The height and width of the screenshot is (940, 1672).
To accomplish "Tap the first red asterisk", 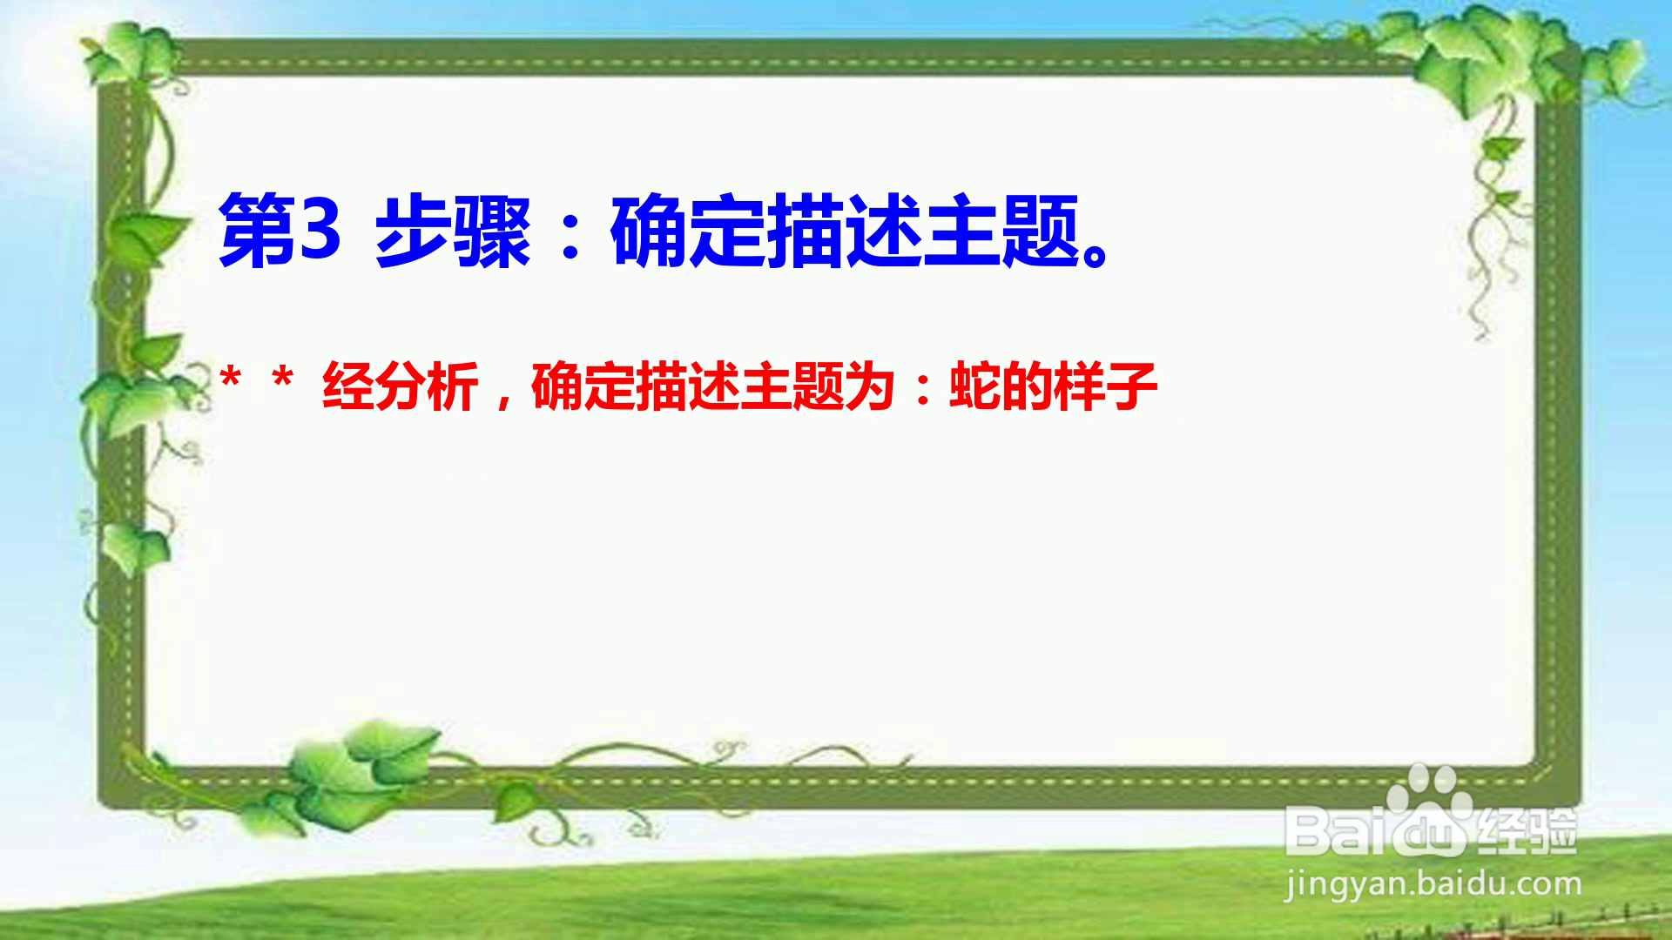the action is [x=231, y=380].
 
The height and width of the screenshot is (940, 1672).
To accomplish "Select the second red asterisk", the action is [x=282, y=380].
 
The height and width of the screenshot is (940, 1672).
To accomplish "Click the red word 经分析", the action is [x=401, y=386].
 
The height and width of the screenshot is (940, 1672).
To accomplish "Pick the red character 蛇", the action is [x=974, y=386].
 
